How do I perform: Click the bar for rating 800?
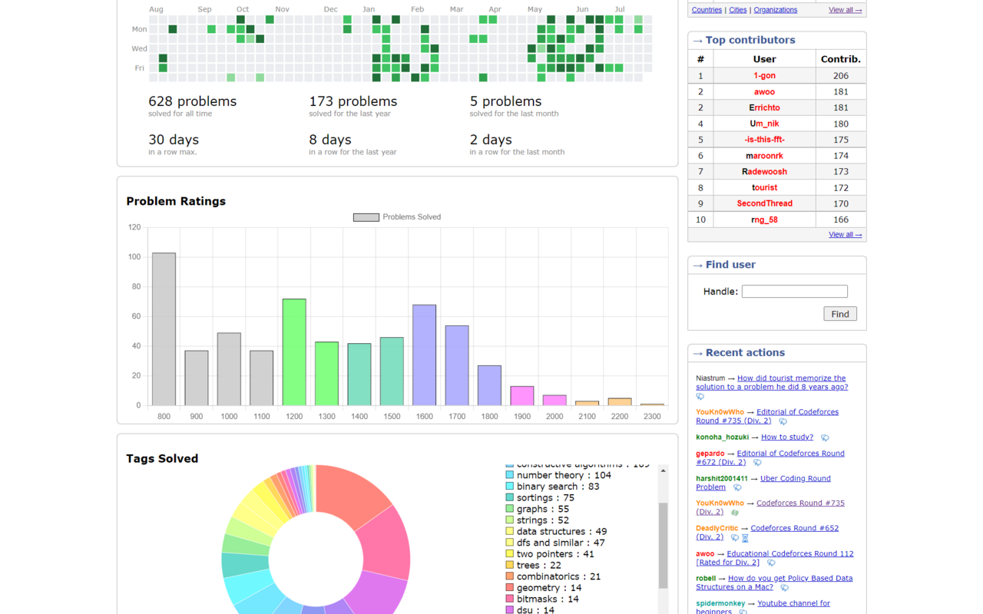pyautogui.click(x=164, y=329)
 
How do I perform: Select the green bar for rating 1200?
pyautogui.click(x=294, y=352)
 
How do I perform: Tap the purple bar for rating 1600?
pyautogui.click(x=424, y=355)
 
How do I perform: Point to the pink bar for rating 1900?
pyautogui.click(x=522, y=396)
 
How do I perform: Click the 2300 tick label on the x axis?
pyautogui.click(x=652, y=417)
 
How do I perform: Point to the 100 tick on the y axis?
pyautogui.click(x=134, y=257)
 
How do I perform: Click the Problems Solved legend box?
pyautogui.click(x=366, y=217)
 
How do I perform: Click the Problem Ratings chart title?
pyautogui.click(x=176, y=201)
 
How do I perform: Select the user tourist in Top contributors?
pyautogui.click(x=764, y=187)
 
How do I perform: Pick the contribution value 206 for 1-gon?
pyautogui.click(x=840, y=75)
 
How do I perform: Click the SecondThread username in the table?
pyautogui.click(x=764, y=203)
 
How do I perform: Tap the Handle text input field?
pyautogui.click(x=794, y=292)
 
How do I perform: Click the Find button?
pyautogui.click(x=839, y=314)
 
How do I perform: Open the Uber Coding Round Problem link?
pyautogui.click(x=795, y=478)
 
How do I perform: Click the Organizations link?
pyautogui.click(x=775, y=10)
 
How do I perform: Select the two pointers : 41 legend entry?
pyautogui.click(x=554, y=554)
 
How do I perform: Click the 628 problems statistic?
pyautogui.click(x=192, y=101)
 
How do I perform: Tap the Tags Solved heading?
pyautogui.click(x=162, y=458)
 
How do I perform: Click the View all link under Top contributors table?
pyautogui.click(x=845, y=235)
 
